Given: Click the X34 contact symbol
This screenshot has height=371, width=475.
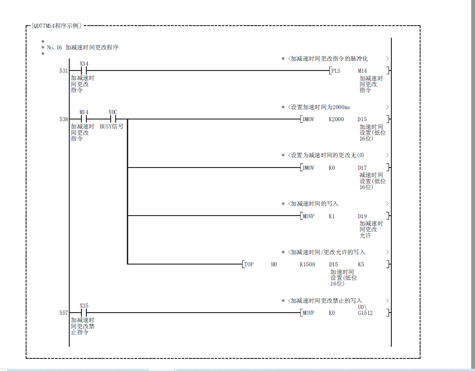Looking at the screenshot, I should tap(84, 71).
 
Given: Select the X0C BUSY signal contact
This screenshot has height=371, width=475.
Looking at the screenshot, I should tap(113, 119).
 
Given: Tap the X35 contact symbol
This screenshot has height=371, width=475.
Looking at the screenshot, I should tap(84, 313).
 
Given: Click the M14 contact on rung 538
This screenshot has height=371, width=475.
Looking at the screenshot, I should tap(84, 119).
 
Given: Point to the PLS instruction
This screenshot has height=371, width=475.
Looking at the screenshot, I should tap(336, 71).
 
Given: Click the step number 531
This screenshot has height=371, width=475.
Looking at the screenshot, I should tap(63, 71).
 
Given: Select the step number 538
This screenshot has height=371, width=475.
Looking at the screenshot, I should tap(63, 119).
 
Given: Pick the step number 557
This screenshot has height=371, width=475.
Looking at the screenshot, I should tap(63, 313).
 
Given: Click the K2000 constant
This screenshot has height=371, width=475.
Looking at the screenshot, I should tap(336, 119).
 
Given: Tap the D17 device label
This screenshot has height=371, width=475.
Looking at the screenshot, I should tap(362, 168).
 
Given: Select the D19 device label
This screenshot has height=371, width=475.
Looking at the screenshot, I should tap(362, 216).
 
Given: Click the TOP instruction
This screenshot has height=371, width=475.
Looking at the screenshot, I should tap(249, 265).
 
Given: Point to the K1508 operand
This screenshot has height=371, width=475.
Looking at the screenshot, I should tap(308, 265).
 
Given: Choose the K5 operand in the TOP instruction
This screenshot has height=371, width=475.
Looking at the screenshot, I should tap(361, 265).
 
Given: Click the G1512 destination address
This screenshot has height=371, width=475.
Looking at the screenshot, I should tap(365, 313).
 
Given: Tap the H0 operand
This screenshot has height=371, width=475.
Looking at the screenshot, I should tap(274, 265).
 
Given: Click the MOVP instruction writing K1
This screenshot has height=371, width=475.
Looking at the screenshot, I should tap(309, 216).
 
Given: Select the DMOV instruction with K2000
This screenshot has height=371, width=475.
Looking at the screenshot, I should tap(309, 119).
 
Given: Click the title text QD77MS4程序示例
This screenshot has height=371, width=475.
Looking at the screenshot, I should tap(57, 26).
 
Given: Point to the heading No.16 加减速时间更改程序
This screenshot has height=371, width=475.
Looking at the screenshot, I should tap(83, 47).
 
